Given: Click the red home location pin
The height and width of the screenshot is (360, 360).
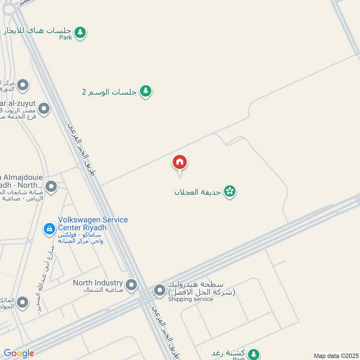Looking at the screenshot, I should tap(180, 162).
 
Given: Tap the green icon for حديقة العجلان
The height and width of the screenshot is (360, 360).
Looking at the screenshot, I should tap(230, 191).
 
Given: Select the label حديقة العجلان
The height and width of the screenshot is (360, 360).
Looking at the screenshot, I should tap(198, 192).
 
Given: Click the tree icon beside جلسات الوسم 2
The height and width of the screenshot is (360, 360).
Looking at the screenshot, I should tap(145, 91).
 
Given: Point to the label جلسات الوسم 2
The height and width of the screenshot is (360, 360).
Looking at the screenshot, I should tap(109, 92).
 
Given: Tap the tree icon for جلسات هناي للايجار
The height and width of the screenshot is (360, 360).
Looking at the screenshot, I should tap(80, 32).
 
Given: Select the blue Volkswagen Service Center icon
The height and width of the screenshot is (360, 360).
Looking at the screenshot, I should tap(49, 229).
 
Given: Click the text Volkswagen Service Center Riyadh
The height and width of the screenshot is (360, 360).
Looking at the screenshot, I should tap(93, 224).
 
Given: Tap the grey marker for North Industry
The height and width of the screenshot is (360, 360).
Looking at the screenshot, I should tap(131, 285).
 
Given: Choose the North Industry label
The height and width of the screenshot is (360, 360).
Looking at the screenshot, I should tap(98, 283).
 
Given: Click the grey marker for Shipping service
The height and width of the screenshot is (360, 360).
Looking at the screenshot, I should tap(159, 291).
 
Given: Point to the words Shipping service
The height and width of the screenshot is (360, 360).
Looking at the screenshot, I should tap(190, 299).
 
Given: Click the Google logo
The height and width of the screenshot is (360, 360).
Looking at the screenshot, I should tap(19, 353).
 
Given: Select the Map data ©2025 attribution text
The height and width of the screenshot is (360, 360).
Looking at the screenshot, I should tap(335, 355).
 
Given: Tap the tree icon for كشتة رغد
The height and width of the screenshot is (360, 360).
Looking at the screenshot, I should tap(254, 354).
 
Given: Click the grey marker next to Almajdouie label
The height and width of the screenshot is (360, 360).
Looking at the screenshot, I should tap(51, 186).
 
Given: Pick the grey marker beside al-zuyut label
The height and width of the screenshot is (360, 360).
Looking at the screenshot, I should tap(44, 108).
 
